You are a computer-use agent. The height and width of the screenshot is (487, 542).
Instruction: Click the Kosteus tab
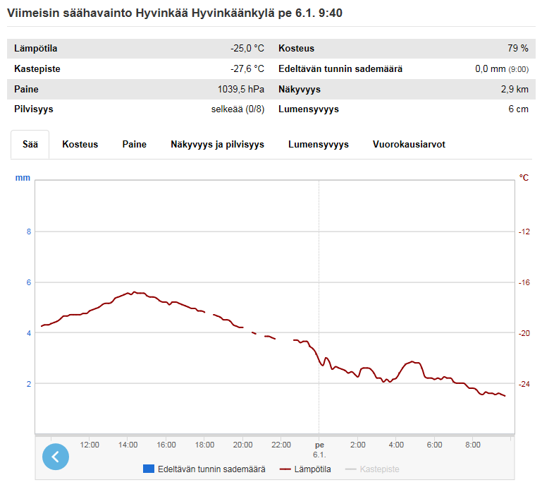(80, 144)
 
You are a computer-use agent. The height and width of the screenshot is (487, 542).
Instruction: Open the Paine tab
(134, 144)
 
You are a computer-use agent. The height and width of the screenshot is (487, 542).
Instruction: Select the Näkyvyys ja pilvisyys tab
(217, 144)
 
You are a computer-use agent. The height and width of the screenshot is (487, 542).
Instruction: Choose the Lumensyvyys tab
(319, 144)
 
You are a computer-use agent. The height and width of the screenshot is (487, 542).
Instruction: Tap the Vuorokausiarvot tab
(409, 144)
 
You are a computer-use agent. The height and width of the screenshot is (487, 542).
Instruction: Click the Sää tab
(30, 144)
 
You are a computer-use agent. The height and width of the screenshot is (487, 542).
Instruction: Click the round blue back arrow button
(56, 457)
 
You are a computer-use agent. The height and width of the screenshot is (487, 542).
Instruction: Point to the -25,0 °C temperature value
(247, 49)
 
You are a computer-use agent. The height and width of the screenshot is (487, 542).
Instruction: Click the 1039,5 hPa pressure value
(240, 90)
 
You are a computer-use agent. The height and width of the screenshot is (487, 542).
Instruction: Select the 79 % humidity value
(518, 49)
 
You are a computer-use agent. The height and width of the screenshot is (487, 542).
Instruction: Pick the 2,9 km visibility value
(515, 90)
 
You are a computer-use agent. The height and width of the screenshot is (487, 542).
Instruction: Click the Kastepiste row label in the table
(37, 69)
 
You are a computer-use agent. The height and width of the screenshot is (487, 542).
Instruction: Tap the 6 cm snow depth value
(518, 109)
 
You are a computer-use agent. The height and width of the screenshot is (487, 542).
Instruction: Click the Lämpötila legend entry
(305, 469)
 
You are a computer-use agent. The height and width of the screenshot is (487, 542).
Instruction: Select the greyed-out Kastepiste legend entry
(372, 469)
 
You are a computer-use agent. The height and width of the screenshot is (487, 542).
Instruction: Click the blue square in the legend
(149, 469)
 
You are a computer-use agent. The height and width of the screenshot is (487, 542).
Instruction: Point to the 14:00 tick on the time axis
(128, 445)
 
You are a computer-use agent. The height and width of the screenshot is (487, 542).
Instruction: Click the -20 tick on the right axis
(524, 333)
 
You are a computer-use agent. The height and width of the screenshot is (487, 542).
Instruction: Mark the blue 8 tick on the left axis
(29, 232)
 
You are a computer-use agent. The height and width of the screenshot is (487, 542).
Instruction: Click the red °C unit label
(524, 178)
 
